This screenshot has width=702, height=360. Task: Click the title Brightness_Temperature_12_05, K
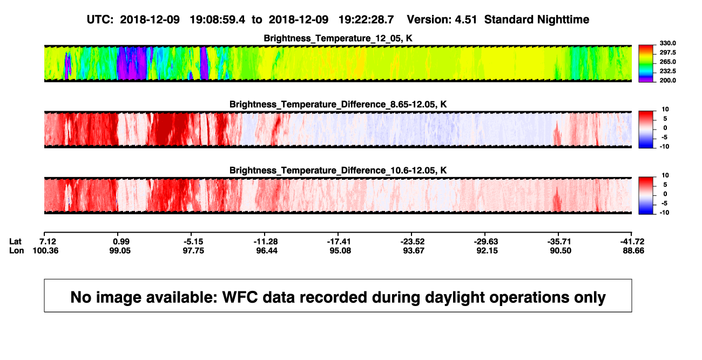pyautogui.click(x=338, y=38)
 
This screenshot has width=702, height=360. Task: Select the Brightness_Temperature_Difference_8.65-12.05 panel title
pyautogui.click(x=338, y=104)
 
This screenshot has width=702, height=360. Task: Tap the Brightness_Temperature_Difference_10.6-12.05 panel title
pyautogui.click(x=338, y=171)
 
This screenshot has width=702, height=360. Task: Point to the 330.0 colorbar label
pyautogui.click(x=667, y=43)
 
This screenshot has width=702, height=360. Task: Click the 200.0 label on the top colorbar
pyautogui.click(x=667, y=80)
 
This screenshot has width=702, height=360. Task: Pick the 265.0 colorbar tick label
pyautogui.click(x=667, y=62)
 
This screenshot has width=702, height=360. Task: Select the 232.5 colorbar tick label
pyautogui.click(x=667, y=71)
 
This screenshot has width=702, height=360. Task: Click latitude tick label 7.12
pyautogui.click(x=48, y=242)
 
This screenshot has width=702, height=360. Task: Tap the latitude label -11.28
pyautogui.click(x=266, y=242)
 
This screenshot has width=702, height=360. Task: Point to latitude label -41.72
pyautogui.click(x=632, y=242)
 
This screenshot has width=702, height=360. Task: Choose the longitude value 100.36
pyautogui.click(x=45, y=250)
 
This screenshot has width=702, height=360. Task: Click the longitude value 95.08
pyautogui.click(x=340, y=250)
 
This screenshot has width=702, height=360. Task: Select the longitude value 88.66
pyautogui.click(x=633, y=250)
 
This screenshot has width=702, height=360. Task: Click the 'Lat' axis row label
pyautogui.click(x=15, y=242)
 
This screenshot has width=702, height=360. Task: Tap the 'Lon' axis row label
pyautogui.click(x=17, y=250)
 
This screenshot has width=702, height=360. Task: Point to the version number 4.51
pyautogui.click(x=466, y=20)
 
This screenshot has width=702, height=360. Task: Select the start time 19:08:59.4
pyautogui.click(x=218, y=20)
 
